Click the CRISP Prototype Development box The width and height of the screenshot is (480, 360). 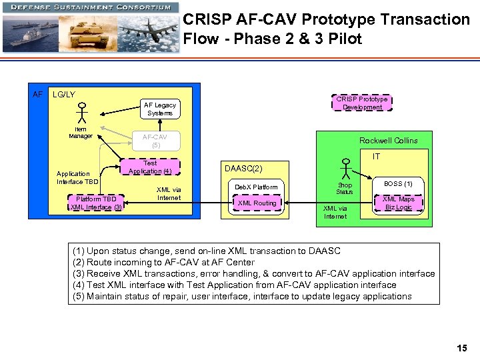pyautogui.click(x=363, y=103)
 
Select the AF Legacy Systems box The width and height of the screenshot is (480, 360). pyautogui.click(x=160, y=109)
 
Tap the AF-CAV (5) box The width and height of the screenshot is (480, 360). pyautogui.click(x=155, y=140)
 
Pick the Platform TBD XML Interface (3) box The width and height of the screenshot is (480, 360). pyautogui.click(x=96, y=203)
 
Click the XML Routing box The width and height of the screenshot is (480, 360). pyautogui.click(x=257, y=203)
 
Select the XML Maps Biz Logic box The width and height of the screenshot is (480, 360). pyautogui.click(x=398, y=203)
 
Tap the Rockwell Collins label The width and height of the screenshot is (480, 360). pyautogui.click(x=388, y=141)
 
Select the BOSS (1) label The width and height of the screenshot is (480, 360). pyautogui.click(x=399, y=183)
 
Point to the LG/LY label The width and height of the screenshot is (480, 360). pyautogui.click(x=64, y=95)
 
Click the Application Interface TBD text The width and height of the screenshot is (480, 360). pyautogui.click(x=77, y=177)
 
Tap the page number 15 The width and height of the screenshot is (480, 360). pyautogui.click(x=461, y=348)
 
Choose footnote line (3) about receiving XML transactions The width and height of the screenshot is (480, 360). pyautogui.click(x=253, y=273)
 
